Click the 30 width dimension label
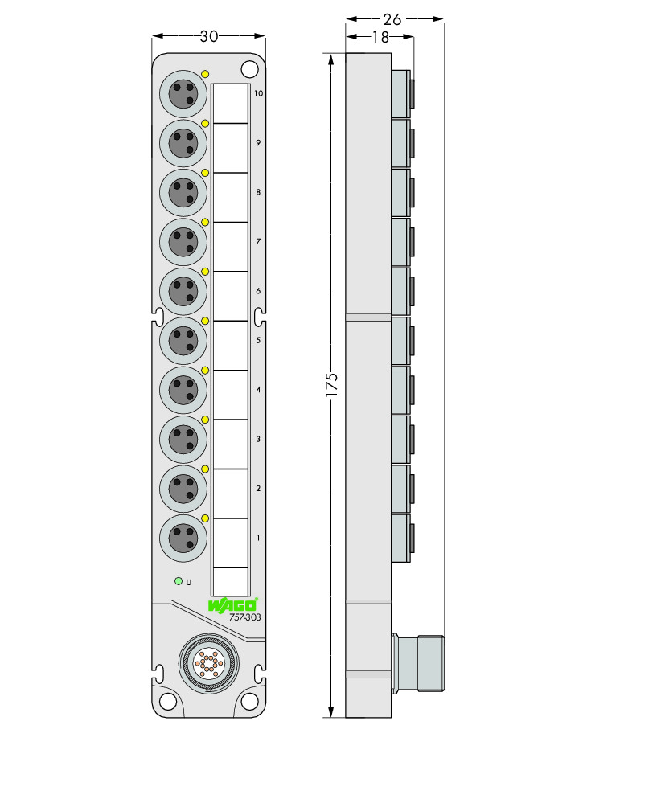point(208,36)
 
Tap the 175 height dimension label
point(331,384)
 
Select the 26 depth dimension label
point(392,19)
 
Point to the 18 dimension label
point(380,37)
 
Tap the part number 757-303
point(245,617)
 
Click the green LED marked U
point(179,581)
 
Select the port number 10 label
point(258,93)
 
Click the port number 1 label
point(258,537)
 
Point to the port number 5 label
point(258,340)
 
